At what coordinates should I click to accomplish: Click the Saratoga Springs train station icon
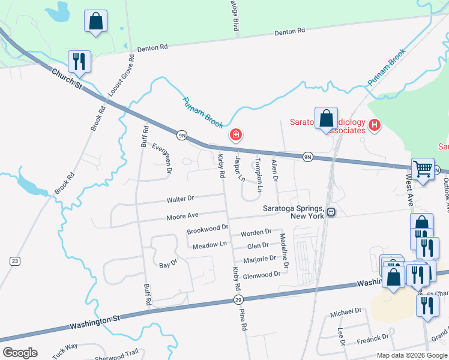coord(331,212)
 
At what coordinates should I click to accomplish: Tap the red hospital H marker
coord(375,125)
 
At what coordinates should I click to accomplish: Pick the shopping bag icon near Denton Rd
coord(95,21)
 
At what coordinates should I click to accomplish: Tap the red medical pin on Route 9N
coord(236,134)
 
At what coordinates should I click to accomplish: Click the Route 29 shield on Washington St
coord(238,299)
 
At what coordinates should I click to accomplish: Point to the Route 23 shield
coord(14,260)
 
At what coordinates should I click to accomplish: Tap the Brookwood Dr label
coord(208,229)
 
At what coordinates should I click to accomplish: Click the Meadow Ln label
coord(209,245)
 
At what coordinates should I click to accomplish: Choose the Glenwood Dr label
coord(262,275)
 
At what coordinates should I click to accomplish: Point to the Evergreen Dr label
coord(162,158)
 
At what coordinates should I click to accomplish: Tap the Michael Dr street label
coord(346,311)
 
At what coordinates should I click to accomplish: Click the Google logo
coord(19,353)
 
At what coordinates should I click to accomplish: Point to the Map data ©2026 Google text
coord(411,355)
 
